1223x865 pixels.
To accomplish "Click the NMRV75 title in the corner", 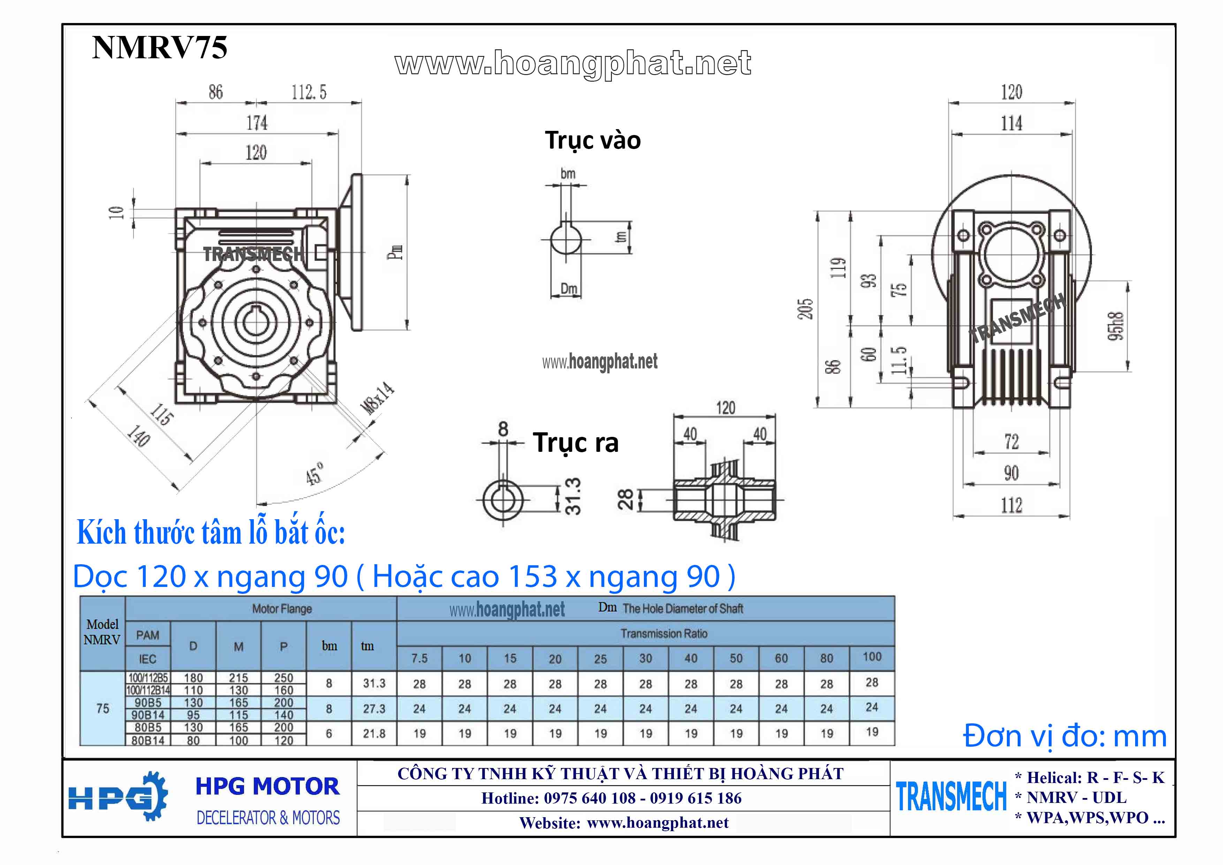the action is pos(159,47).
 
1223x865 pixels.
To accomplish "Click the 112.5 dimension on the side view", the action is pos(309,92).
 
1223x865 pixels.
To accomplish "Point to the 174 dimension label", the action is pos(257,123).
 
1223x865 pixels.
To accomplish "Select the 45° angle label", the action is pos(314,473).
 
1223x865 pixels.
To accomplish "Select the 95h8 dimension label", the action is pos(1117,325).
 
